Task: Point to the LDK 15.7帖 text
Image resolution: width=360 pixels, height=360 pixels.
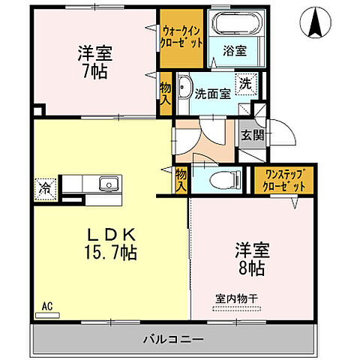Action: [x=110, y=242]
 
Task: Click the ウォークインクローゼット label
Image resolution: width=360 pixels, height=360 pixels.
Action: [x=182, y=36]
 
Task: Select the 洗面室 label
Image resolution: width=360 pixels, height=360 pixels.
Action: [x=211, y=95]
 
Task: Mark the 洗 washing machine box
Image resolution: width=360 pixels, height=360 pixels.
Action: [x=245, y=85]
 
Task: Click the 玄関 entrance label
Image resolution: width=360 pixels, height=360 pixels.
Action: [x=251, y=136]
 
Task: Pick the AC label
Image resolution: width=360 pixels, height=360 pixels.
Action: [x=46, y=306]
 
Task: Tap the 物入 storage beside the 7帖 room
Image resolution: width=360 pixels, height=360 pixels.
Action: [x=166, y=94]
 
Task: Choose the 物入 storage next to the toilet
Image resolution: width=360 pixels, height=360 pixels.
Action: [x=181, y=179]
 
